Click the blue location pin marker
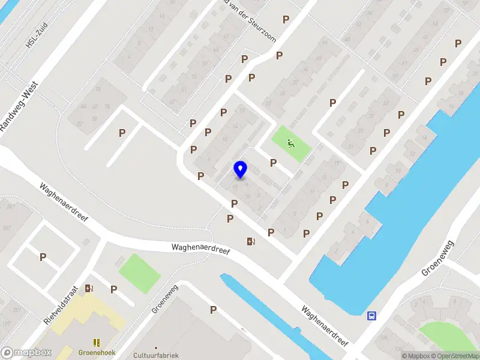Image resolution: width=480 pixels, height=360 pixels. pyautogui.click(x=241, y=169)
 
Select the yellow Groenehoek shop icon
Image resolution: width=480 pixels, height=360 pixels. pyautogui.click(x=97, y=343)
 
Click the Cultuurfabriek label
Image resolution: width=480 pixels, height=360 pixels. pyautogui.click(x=156, y=354)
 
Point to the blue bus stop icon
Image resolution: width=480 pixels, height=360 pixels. pyautogui.click(x=372, y=316)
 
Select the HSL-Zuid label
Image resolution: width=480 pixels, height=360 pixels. pyautogui.click(x=36, y=36)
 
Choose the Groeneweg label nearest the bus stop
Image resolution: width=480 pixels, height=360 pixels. pyautogui.click(x=437, y=259)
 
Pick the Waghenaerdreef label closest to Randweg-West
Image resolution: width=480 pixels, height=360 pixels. pyautogui.click(x=64, y=202)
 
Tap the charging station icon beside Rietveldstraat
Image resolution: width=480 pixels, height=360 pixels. pyautogui.click(x=90, y=289)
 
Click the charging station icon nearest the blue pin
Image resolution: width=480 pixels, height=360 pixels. pyautogui.click(x=251, y=242)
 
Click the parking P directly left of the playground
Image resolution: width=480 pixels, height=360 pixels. pyautogui.click(x=273, y=163)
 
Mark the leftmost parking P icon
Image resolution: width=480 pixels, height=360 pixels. pyautogui.click(x=43, y=257)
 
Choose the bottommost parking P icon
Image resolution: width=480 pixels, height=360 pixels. pyautogui.click(x=213, y=310)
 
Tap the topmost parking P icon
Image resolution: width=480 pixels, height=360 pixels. pyautogui.click(x=286, y=19)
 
